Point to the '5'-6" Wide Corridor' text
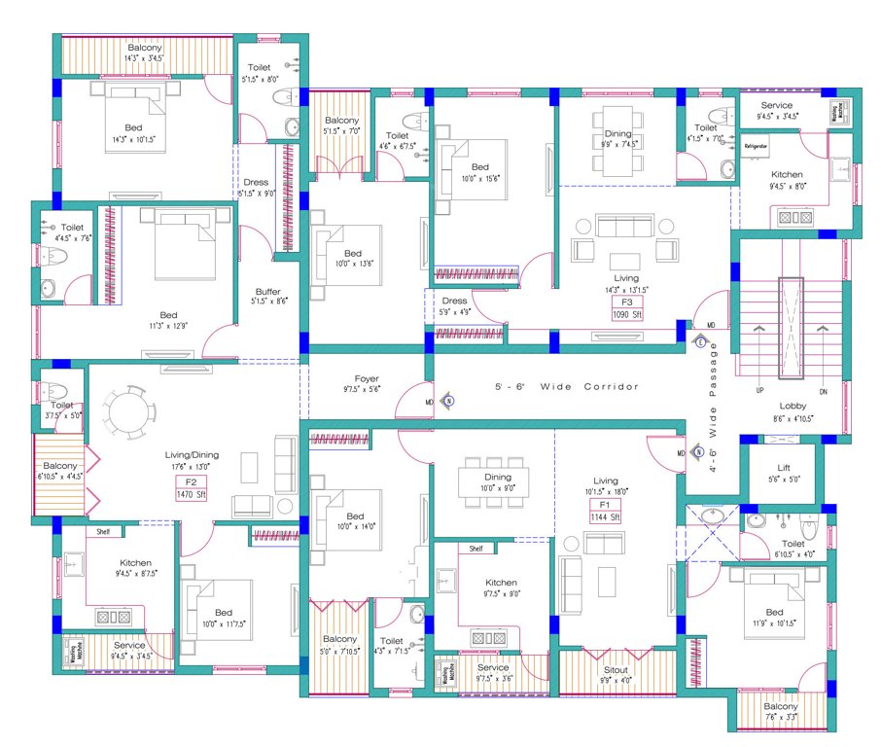click(x=567, y=387)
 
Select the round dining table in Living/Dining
click(x=130, y=413)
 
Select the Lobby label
click(x=792, y=406)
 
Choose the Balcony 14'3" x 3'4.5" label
click(x=145, y=48)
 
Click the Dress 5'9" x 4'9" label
click(x=455, y=301)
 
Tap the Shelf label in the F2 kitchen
click(x=103, y=531)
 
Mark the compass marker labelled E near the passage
click(x=699, y=341)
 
